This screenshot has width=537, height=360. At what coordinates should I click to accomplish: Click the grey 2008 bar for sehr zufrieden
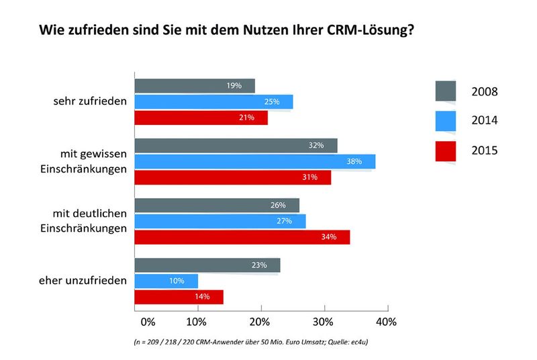pyautogui.click(x=195, y=86)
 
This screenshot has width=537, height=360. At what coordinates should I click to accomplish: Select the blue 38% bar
pyautogui.click(x=255, y=161)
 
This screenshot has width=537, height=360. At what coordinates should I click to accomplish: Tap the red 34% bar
pyautogui.click(x=242, y=237)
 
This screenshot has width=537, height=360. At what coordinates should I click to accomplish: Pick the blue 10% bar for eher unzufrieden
pyautogui.click(x=166, y=281)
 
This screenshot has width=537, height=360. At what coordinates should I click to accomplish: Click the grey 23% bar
pyautogui.click(x=207, y=265)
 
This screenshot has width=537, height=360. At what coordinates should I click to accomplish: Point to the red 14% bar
pyautogui.click(x=179, y=297)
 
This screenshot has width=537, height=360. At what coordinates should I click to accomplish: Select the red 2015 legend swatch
pyautogui.click(x=445, y=150)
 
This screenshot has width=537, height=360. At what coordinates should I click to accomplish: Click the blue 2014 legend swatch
pyautogui.click(x=445, y=121)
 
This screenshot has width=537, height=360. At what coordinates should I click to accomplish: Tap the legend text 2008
pyautogui.click(x=484, y=91)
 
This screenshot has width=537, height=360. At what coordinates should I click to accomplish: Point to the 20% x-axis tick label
pyautogui.click(x=260, y=322)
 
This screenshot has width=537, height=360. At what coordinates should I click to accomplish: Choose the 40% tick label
pyautogui.click(x=386, y=322)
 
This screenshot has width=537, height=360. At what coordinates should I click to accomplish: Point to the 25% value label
pyautogui.click(x=272, y=102)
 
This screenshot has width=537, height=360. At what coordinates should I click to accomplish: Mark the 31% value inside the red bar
pyautogui.click(x=309, y=178)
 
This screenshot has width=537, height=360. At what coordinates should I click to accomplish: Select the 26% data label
pyautogui.click(x=278, y=206)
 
